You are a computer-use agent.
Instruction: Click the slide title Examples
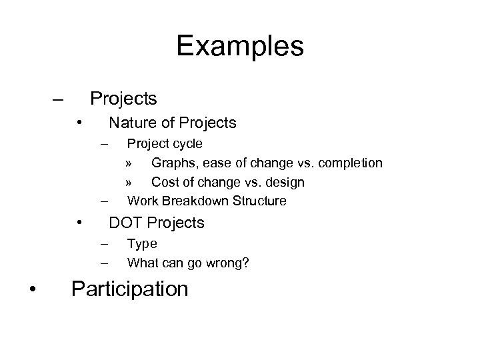[240, 47]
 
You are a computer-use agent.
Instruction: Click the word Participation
[129, 289]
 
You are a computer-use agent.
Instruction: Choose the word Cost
[163, 182]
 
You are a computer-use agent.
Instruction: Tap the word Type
[141, 244]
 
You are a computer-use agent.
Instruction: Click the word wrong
[227, 263]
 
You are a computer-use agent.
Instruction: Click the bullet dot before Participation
[33, 289]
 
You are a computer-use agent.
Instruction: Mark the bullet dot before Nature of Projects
[79, 123]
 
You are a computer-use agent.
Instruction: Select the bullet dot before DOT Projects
[79, 223]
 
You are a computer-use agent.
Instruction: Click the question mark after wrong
[246, 263]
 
